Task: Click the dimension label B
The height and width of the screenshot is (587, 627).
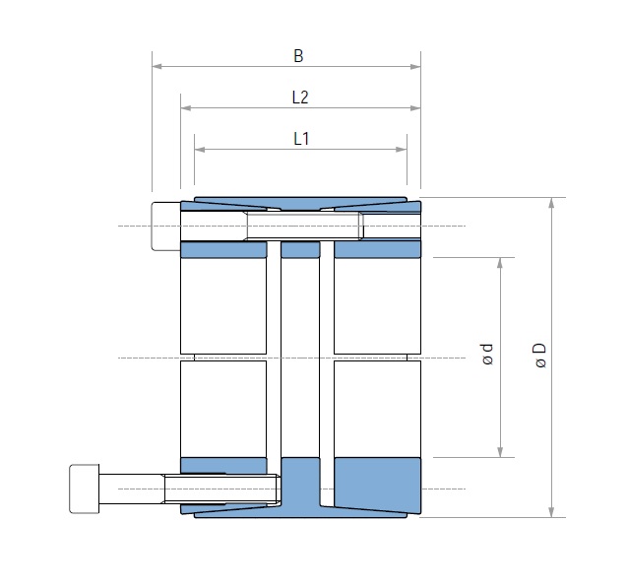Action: click(x=298, y=56)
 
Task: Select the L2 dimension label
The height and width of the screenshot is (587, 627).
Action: click(x=300, y=98)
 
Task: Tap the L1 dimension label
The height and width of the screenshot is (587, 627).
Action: click(x=301, y=139)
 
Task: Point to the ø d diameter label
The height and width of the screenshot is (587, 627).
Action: click(x=487, y=355)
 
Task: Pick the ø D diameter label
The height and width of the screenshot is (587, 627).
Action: click(x=539, y=355)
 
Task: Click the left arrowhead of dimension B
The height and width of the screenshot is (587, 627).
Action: click(x=157, y=66)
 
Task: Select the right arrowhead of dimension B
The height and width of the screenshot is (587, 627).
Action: click(x=415, y=66)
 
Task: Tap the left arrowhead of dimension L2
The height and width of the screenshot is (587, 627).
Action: click(x=185, y=108)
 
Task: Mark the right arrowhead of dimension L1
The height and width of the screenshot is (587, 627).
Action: click(x=402, y=150)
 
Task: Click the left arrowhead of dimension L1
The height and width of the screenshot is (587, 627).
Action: click(x=200, y=150)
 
